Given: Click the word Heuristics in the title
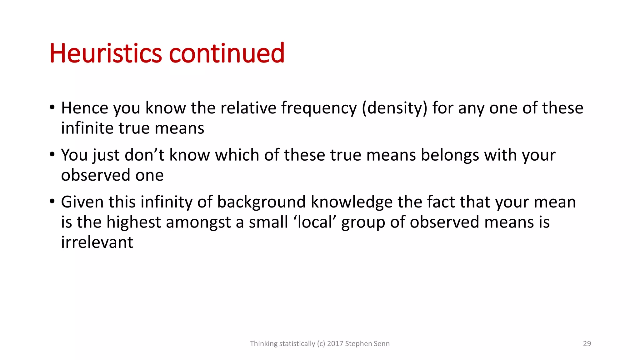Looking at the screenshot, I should [x=105, y=53].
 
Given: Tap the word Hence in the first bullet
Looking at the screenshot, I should [x=84, y=108].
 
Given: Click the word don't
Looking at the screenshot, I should [x=144, y=155].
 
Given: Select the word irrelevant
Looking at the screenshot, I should [x=97, y=242].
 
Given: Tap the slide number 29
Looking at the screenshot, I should [x=587, y=344].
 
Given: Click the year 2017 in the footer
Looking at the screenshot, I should [x=335, y=344].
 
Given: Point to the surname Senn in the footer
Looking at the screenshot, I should [x=382, y=344].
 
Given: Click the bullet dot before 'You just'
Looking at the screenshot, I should [x=52, y=154].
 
